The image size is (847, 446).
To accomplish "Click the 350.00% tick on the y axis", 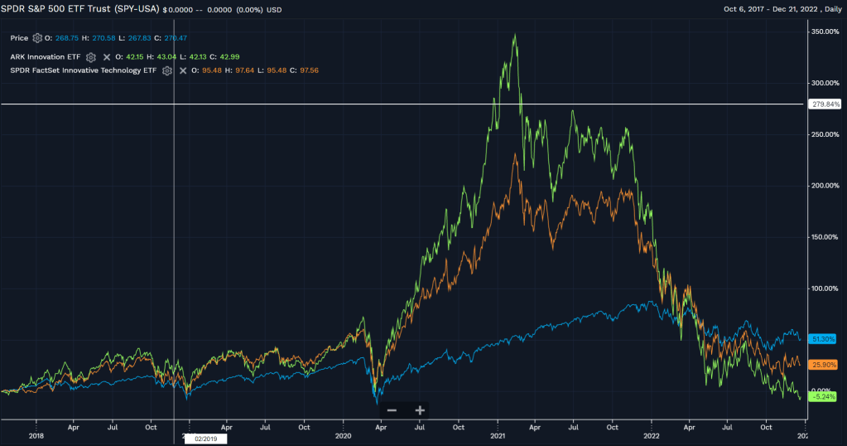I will (x=826, y=32).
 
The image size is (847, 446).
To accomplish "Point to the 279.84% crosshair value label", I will (x=826, y=104).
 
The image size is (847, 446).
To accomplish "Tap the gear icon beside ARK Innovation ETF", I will (x=91, y=56).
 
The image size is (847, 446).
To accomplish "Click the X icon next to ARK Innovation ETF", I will (x=106, y=56).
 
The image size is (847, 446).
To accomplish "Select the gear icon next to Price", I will (x=37, y=38).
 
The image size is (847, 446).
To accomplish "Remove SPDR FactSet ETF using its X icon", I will (x=182, y=70).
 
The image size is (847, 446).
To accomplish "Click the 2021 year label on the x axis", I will (x=498, y=435).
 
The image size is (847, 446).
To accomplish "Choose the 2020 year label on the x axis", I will (x=344, y=435).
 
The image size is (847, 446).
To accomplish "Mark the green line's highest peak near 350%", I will (x=515, y=35).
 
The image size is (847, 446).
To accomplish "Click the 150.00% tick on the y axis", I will (x=826, y=237).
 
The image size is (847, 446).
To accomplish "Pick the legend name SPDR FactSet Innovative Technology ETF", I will (x=84, y=70).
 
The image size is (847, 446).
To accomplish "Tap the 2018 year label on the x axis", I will (x=36, y=435).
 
